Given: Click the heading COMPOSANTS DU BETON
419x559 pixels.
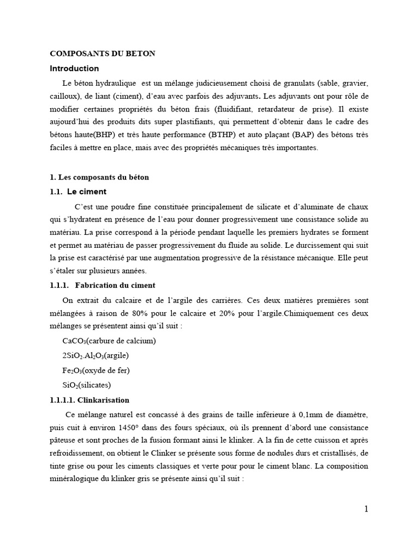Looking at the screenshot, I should pos(103,53).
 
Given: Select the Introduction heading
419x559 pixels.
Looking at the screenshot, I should pos(74,69).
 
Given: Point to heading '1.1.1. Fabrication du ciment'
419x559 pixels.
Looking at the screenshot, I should pos(103,285).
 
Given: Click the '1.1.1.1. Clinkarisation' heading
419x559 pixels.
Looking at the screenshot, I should pos(89,400).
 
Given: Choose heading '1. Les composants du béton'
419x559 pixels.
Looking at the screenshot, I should pos(99,177).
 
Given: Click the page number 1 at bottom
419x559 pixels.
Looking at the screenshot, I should pos(366,509).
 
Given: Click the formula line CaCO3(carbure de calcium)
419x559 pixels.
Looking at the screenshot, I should pos(110,342).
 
